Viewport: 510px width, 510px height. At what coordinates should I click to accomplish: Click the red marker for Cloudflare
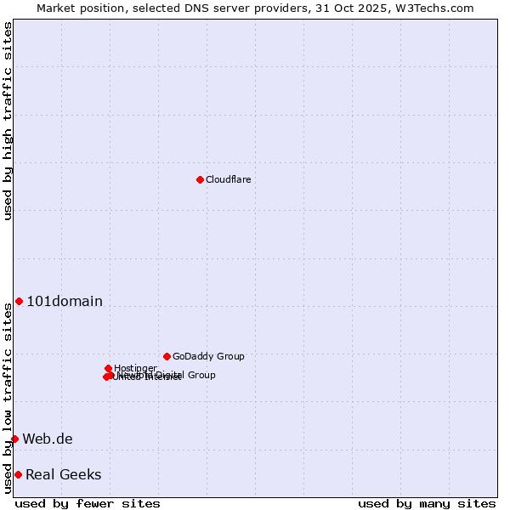(200, 179)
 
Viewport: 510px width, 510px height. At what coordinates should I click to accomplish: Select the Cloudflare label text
(228, 179)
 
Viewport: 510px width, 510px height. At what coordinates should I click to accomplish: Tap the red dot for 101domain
(19, 301)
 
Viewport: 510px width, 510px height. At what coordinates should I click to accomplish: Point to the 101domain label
(65, 301)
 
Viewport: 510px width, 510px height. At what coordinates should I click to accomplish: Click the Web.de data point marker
(14, 439)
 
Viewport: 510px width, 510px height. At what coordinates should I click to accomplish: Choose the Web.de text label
(48, 439)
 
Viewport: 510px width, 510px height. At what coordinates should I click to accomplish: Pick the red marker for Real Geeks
(18, 474)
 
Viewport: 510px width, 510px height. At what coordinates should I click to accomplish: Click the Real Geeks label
(64, 474)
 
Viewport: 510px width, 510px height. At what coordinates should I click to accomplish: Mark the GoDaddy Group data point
(167, 356)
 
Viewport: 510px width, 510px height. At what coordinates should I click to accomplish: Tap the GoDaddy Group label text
(208, 356)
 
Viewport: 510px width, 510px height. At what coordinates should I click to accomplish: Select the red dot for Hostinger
(108, 368)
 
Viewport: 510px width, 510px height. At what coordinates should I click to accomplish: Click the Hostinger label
(135, 368)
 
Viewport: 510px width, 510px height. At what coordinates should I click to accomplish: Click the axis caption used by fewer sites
(88, 503)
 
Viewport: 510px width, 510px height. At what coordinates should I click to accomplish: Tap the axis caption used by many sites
(427, 503)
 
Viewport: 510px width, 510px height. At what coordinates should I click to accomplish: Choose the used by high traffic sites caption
(8, 121)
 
